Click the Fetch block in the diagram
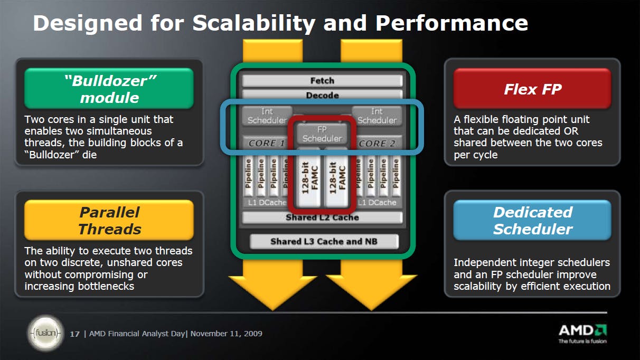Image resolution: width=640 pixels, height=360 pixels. pyautogui.click(x=322, y=81)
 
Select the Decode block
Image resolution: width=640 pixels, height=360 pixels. pyautogui.click(x=322, y=94)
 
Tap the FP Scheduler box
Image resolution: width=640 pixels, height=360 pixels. pyautogui.click(x=322, y=134)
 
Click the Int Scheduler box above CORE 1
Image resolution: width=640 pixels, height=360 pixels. pyautogui.click(x=267, y=116)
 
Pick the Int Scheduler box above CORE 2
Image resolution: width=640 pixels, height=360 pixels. pyautogui.click(x=377, y=116)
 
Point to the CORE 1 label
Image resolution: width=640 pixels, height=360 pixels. pyautogui.click(x=267, y=143)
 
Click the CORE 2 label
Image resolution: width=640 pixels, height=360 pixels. pyautogui.click(x=377, y=143)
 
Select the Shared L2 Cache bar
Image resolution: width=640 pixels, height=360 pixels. pyautogui.click(x=322, y=217)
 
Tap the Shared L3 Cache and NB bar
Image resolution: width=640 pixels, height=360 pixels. pyautogui.click(x=324, y=241)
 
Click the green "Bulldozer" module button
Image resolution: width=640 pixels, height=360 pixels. pyautogui.click(x=109, y=88)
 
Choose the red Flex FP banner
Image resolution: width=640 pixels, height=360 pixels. pyautogui.click(x=532, y=89)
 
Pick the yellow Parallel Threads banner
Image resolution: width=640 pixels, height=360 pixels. pyautogui.click(x=109, y=220)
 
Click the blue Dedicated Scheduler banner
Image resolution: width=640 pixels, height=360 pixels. pyautogui.click(x=532, y=220)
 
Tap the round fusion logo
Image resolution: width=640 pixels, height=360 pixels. pyautogui.click(x=46, y=333)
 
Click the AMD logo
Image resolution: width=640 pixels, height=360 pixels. pyautogui.click(x=583, y=333)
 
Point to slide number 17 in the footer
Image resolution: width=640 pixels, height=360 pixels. pyautogui.click(x=74, y=334)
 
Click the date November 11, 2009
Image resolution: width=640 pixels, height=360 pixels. pyautogui.click(x=227, y=334)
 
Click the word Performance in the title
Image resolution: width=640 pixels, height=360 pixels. pyautogui.click(x=451, y=23)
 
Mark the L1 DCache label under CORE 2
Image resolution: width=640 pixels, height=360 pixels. pyautogui.click(x=377, y=203)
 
